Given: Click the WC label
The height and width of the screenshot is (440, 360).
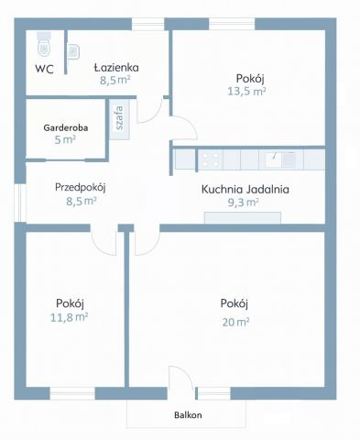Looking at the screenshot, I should point(43,68).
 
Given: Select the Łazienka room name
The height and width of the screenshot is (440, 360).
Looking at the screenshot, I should point(116,66).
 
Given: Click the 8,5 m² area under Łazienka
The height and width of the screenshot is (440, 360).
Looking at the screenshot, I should point(115,80).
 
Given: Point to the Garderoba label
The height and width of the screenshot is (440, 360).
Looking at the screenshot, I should point(66,127).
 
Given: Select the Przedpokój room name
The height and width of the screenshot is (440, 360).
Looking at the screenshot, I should point(81,187).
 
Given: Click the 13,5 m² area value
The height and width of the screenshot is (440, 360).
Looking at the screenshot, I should point(246,91).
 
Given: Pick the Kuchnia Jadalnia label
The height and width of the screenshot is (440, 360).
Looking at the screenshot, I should point(245,190).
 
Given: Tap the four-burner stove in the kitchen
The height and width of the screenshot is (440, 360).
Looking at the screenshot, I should point(211,159).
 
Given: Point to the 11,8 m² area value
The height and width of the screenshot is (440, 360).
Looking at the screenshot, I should point(70,317).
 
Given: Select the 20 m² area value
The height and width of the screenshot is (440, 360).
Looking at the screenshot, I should point(235,322).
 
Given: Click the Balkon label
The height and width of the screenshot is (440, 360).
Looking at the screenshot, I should point(188,415).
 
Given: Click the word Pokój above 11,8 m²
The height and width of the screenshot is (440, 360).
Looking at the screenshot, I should point(70,303).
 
